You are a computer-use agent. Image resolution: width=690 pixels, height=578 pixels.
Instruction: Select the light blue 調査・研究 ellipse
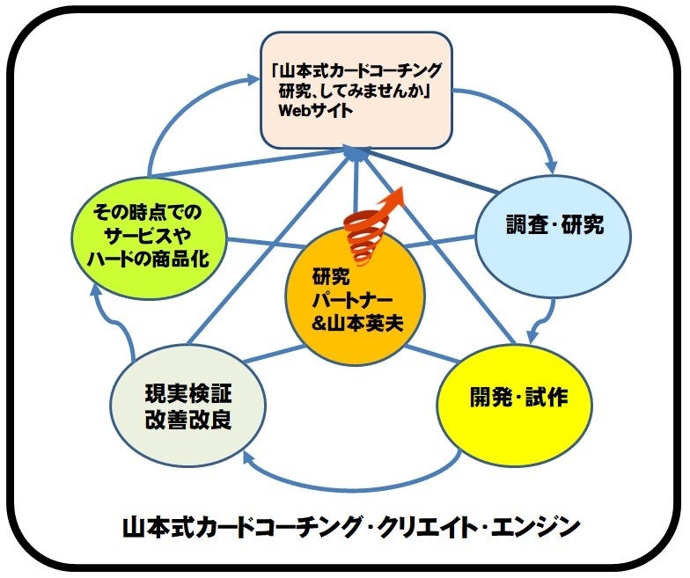pyautogui.click(x=553, y=226)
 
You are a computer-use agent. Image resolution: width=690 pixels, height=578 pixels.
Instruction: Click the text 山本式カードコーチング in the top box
pyautogui.click(x=360, y=70)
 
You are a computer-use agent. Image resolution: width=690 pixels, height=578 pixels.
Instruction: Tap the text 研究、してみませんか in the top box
pyautogui.click(x=356, y=91)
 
